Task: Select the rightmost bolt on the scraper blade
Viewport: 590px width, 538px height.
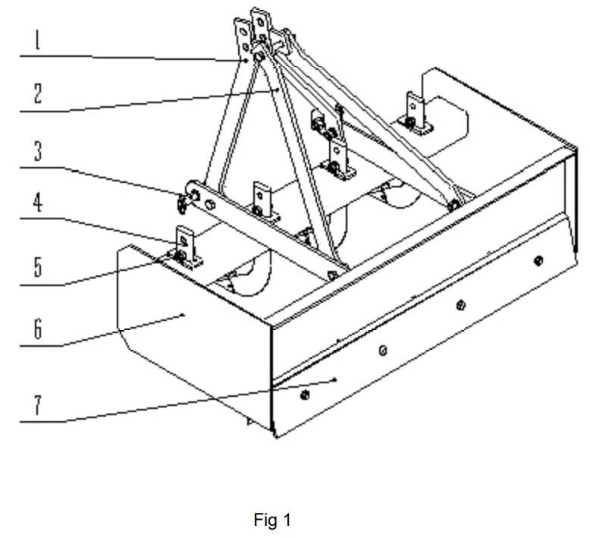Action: [x=538, y=260]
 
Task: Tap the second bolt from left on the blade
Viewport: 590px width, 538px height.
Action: [x=383, y=350]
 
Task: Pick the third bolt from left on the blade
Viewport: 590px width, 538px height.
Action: [x=460, y=305]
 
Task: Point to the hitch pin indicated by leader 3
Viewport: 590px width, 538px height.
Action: [x=183, y=201]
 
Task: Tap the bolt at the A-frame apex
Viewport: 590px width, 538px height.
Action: [x=259, y=57]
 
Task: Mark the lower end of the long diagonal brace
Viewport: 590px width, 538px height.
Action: [x=453, y=203]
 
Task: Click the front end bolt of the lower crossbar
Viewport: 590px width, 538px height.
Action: [x=331, y=275]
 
